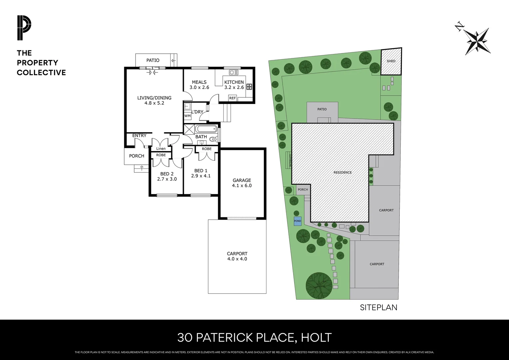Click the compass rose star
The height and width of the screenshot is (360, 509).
478,41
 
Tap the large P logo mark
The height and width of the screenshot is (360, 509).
24,28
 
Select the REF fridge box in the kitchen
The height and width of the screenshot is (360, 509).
233,98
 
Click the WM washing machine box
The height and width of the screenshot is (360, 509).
188,116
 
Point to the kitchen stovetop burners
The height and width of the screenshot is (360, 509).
249,86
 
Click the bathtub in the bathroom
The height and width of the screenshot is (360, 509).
206,129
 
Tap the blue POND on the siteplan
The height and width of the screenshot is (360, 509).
297,221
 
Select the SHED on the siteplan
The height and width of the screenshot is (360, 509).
391,61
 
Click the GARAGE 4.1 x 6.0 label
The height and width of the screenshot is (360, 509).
242,183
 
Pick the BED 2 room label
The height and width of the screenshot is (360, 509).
167,176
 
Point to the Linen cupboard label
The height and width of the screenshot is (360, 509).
161,149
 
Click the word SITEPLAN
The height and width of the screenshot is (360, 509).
378,307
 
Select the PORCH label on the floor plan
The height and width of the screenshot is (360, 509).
137,156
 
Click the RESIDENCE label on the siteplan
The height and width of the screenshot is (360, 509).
342,172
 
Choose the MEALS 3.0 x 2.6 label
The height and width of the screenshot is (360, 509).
199,85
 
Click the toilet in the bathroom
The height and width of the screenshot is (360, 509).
212,139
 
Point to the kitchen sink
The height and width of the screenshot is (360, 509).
234,72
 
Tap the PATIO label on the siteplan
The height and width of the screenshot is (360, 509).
322,109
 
